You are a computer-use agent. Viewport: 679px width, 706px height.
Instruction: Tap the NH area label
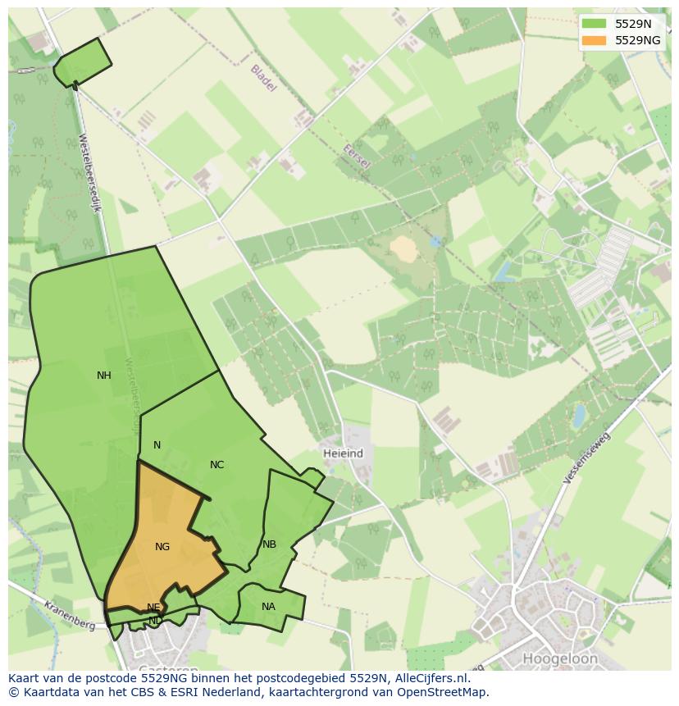tap(104, 376)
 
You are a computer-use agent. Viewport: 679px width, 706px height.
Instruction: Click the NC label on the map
tap(216, 465)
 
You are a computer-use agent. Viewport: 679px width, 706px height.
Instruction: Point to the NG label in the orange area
tap(162, 547)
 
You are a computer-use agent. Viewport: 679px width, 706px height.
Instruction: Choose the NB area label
tap(269, 544)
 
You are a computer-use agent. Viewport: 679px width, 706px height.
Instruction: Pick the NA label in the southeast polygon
tap(268, 607)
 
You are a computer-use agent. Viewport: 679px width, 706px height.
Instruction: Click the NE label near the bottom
tap(153, 608)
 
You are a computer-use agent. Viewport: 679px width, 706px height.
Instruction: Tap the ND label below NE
tap(154, 621)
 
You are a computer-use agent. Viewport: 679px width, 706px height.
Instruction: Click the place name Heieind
tap(343, 453)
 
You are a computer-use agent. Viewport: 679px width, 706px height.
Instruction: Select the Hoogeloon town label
tap(560, 658)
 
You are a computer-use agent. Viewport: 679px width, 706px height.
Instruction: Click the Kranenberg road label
tap(70, 614)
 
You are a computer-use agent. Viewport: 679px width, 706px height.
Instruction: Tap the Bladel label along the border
tap(263, 78)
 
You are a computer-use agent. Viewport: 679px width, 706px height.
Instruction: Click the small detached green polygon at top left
tap(83, 61)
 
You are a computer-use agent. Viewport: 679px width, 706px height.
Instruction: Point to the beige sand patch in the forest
tap(403, 248)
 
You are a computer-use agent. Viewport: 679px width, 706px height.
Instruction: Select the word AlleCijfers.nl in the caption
tap(431, 678)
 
